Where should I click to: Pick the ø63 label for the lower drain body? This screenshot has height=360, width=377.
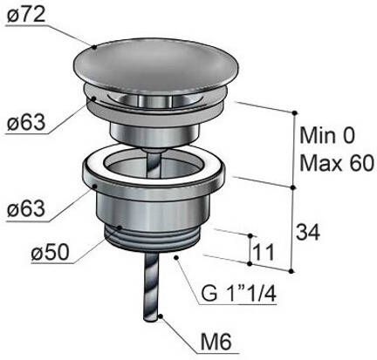pyautogui.click(x=26, y=210)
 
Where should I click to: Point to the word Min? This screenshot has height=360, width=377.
pyautogui.click(x=316, y=136)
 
